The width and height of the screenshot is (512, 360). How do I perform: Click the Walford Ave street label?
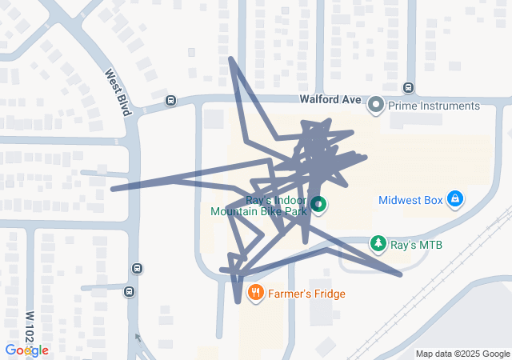[x=331, y=100]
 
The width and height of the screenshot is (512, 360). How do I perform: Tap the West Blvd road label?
[x=118, y=92]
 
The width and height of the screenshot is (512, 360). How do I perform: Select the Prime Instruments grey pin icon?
[x=376, y=105]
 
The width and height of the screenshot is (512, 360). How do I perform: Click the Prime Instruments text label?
[x=434, y=106]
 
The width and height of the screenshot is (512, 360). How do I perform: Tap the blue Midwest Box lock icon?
[x=454, y=198]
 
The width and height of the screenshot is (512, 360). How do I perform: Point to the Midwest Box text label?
[x=410, y=200]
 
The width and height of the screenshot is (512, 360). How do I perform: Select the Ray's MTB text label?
[x=416, y=244]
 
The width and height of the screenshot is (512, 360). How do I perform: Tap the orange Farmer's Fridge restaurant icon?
[x=256, y=293]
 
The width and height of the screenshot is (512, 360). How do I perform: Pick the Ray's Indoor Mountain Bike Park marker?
[x=318, y=205]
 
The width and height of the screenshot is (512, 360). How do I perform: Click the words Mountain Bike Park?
[x=258, y=213]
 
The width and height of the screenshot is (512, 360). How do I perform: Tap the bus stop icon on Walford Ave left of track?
[x=170, y=101]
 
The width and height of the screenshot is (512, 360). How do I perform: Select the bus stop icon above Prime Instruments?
[x=408, y=87]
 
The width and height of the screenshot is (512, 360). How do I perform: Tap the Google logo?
[x=26, y=350]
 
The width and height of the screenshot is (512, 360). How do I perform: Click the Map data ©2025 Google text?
[x=462, y=354]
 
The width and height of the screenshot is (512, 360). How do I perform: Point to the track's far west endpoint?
[x=112, y=190]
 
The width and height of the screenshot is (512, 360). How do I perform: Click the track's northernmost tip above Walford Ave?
[x=231, y=58]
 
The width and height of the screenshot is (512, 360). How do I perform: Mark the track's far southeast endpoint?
[x=401, y=276]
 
